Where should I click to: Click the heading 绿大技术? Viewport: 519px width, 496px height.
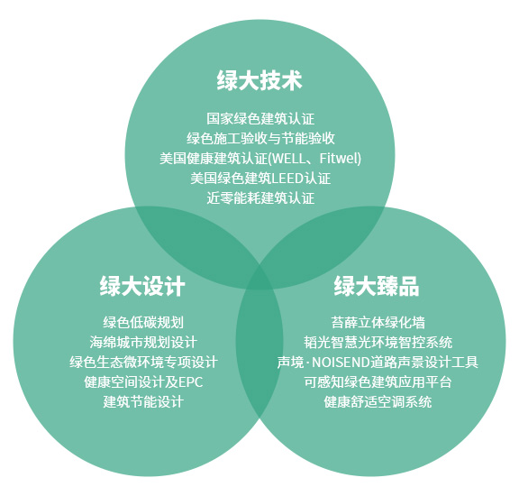(x=259, y=80)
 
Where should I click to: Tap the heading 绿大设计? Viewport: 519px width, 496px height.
(x=142, y=286)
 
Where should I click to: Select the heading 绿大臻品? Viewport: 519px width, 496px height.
(x=377, y=286)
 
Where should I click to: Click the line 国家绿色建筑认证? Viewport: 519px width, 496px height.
(x=260, y=119)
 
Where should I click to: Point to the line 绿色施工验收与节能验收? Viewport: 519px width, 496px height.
(x=260, y=139)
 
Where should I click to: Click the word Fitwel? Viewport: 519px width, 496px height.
(x=339, y=158)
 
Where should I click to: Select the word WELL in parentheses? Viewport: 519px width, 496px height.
(x=288, y=159)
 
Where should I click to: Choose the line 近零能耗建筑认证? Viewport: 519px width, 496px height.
(x=260, y=198)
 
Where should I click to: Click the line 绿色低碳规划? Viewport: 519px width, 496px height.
(x=143, y=322)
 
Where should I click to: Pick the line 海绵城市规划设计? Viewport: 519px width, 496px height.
(x=143, y=343)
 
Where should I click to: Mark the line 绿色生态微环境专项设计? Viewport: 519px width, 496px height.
(x=143, y=362)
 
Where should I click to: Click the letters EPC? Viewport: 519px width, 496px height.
(x=191, y=382)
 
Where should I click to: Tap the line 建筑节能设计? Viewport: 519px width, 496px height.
(x=143, y=402)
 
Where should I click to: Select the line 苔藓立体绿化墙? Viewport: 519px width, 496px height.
(x=378, y=322)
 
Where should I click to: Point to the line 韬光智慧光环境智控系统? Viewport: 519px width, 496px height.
(x=378, y=343)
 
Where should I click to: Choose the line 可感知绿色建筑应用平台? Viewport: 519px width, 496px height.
(x=378, y=382)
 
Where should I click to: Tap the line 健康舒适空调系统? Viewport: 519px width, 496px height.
(x=378, y=402)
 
